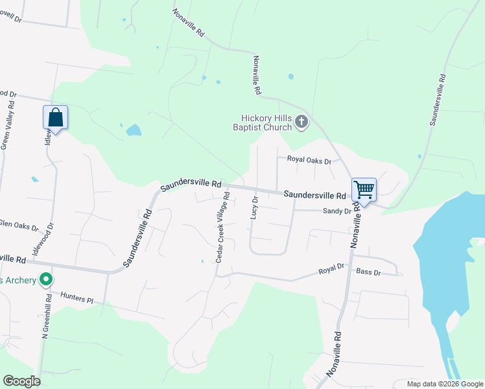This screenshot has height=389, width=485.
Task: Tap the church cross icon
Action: (x=302, y=121)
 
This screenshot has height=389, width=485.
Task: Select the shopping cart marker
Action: (x=364, y=190)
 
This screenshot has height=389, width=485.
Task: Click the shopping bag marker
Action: (x=55, y=118)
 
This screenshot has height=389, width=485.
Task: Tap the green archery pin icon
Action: (x=45, y=280)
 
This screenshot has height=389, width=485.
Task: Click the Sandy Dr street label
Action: (x=337, y=211)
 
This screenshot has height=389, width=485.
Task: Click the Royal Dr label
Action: (x=331, y=270)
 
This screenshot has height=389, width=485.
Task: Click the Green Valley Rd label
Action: (x=6, y=130)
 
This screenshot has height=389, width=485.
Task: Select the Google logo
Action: (x=21, y=381)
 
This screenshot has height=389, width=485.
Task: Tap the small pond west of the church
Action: (x=134, y=130)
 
